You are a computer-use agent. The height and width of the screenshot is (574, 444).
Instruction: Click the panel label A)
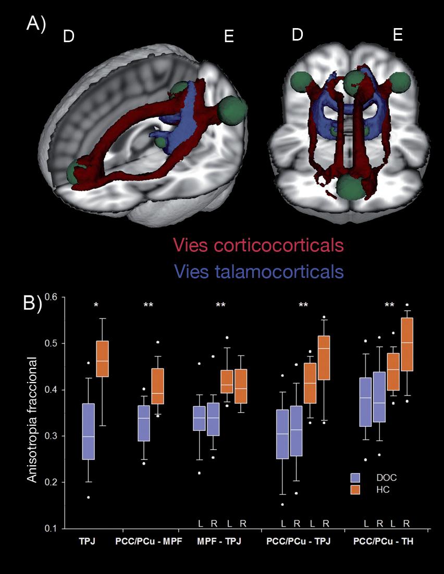36,25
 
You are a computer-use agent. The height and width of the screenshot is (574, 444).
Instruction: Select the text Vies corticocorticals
259,245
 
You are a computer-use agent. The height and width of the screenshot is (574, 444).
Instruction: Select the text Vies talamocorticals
259,271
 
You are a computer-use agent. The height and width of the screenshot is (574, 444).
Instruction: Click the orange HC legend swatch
356,490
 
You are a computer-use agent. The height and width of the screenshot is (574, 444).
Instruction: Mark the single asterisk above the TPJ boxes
96,305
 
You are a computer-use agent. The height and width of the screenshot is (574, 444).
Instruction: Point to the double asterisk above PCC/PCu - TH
389,305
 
